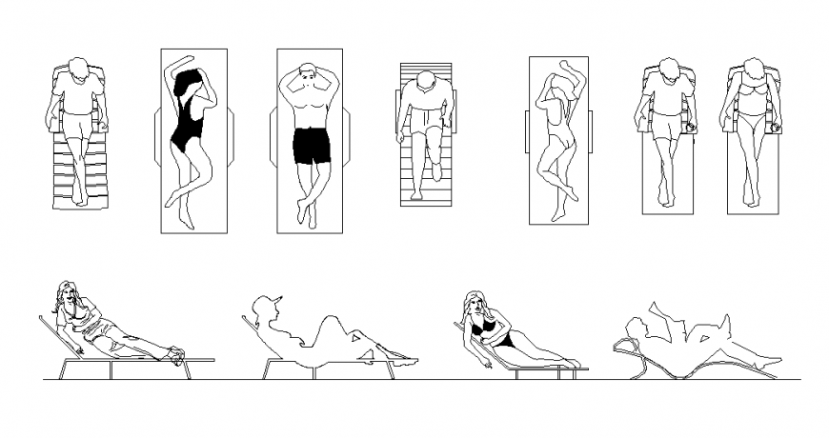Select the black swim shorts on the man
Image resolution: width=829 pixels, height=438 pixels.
(x=311, y=146)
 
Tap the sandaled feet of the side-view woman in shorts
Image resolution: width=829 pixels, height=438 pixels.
(x=176, y=355)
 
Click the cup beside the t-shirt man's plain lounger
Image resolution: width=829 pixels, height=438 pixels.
(x=691, y=125)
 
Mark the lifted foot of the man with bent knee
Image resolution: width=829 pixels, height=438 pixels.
(x=436, y=171)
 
